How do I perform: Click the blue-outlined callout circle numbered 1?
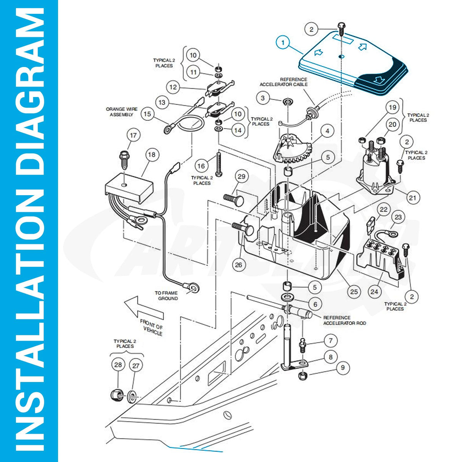point(283,43)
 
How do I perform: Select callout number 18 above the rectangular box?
point(152,155)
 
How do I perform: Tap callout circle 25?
point(354,291)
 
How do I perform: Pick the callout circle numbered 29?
point(241,176)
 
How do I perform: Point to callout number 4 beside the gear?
point(327,131)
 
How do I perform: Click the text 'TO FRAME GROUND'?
point(166,296)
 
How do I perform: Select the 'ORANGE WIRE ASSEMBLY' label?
point(122,112)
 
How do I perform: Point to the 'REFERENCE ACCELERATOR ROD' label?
point(345,320)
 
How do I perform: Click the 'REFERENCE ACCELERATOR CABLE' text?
point(284,82)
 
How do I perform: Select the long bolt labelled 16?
point(218,164)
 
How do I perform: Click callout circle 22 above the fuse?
point(383,209)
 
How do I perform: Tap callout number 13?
point(162,102)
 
